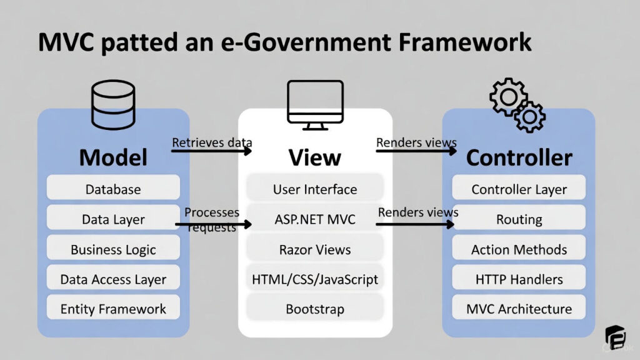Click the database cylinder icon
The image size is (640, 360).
coord(113,104)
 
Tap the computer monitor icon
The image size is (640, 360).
coord(314,104)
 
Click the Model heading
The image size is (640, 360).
coord(113,157)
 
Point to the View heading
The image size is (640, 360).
coord(314,157)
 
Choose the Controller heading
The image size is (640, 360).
coord(519,157)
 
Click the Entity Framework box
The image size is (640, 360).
coord(113,309)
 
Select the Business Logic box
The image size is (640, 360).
coord(113,249)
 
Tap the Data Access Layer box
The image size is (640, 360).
coord(113,279)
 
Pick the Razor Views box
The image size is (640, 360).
coord(314,249)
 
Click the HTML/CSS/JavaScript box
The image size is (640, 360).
coord(314,279)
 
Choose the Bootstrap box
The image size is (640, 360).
coord(314,309)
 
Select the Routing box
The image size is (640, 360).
coord(519,219)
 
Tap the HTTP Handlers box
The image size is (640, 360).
coord(519,279)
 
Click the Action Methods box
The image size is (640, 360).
coord(519,249)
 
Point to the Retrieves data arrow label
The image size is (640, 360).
coord(211,143)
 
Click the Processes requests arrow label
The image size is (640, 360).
coord(211,219)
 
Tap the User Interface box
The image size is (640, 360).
coord(314,189)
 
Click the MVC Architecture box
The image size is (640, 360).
coord(519,309)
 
